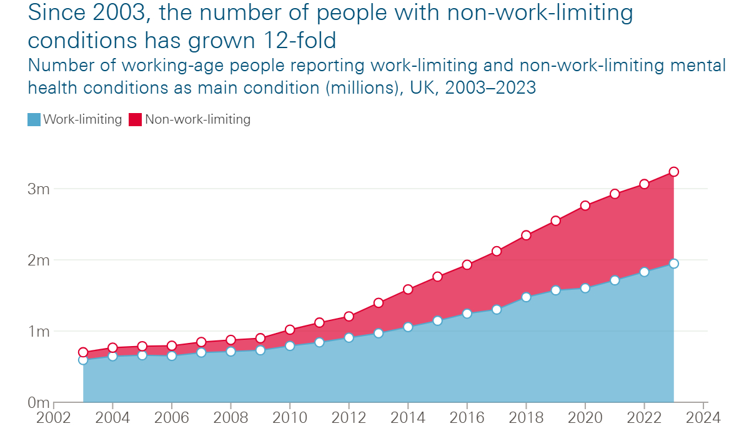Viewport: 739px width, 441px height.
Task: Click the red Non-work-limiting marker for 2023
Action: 673,172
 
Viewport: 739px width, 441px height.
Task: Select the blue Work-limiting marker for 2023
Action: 673,264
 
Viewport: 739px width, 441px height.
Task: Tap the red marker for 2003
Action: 83,352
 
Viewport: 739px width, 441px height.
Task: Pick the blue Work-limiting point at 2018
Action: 526,297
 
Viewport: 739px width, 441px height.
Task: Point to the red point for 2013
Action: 378,303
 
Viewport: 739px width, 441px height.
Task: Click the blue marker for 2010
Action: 290,346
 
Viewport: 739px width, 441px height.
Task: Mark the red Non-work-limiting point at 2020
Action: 585,206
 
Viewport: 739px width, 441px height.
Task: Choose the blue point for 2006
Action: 172,356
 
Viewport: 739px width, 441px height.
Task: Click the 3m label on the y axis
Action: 38,189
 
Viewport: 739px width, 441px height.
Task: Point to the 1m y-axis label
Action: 38,331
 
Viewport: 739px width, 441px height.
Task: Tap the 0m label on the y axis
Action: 38,403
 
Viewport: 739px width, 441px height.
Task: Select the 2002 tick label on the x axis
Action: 54,417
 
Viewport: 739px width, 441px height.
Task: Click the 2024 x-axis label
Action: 703,417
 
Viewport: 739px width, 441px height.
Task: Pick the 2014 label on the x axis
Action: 408,417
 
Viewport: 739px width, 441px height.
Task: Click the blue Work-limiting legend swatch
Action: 34,119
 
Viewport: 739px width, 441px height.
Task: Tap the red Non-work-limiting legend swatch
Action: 136,119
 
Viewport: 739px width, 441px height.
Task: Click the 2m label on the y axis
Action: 38,260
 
